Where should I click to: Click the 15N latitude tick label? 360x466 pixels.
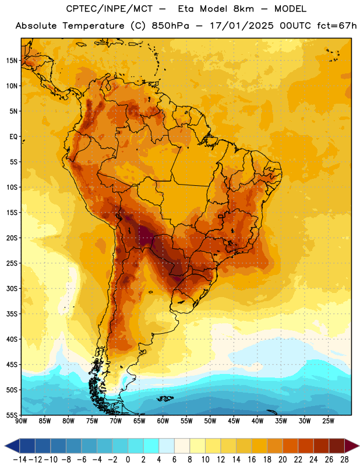[x=12, y=61]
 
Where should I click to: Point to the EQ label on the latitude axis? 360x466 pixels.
[x=13, y=137]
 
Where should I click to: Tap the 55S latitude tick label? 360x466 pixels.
[x=12, y=415]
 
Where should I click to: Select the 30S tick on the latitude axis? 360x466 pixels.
[x=12, y=288]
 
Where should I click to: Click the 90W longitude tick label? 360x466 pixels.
[x=22, y=421]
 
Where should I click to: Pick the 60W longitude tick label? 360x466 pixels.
[x=163, y=421]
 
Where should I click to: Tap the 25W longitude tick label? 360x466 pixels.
[x=328, y=421]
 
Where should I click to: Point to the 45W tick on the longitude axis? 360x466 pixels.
[x=234, y=421]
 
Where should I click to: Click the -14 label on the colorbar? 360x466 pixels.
[x=20, y=460]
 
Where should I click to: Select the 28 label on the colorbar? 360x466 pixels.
[x=344, y=460]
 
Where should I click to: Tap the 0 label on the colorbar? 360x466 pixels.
[x=128, y=460]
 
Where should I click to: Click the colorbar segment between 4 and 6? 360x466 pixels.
[x=167, y=446]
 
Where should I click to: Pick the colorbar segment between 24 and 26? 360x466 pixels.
[x=321, y=446]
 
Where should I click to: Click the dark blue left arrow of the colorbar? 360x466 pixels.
[x=12, y=446]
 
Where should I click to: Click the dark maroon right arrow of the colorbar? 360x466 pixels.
[x=352, y=446]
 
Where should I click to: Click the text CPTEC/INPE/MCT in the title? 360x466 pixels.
[x=109, y=9]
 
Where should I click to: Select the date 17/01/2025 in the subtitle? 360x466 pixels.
[x=241, y=26]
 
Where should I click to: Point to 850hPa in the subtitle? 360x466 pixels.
[x=170, y=26]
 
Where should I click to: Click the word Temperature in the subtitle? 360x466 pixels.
[x=93, y=26]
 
